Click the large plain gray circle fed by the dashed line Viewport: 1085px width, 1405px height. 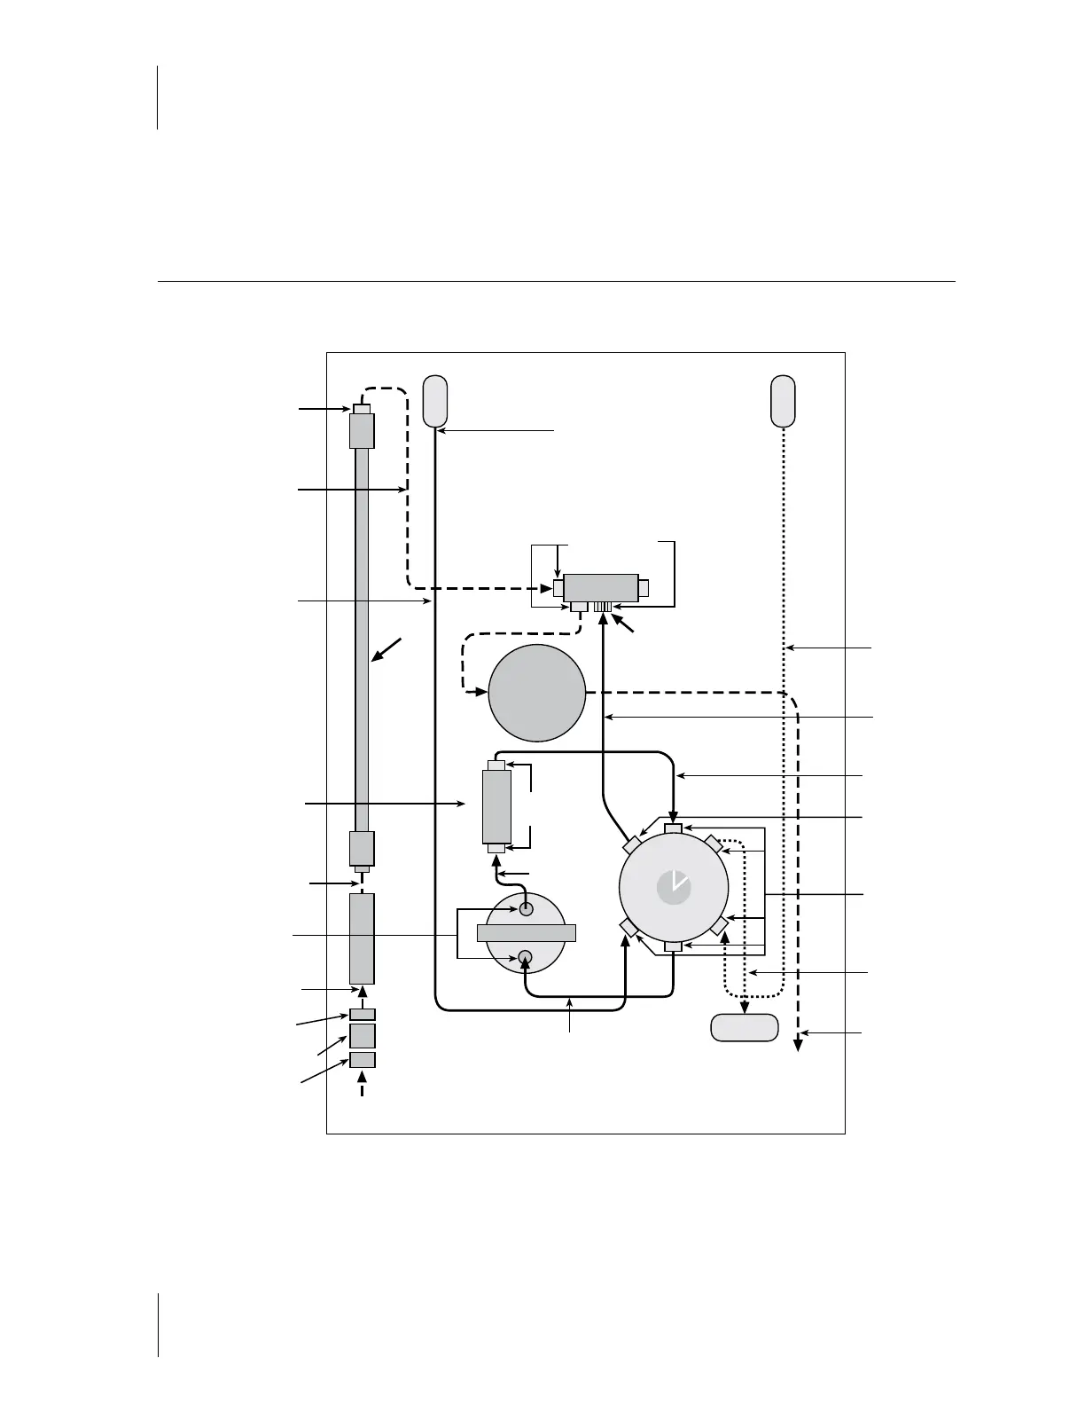coord(537,693)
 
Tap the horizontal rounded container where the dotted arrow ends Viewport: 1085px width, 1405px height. coord(745,1027)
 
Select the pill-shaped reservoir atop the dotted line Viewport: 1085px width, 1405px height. coord(783,401)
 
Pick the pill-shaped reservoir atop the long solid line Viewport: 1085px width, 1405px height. coord(434,401)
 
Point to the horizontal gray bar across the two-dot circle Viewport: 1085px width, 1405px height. coord(527,932)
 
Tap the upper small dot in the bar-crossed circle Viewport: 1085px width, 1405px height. coord(526,909)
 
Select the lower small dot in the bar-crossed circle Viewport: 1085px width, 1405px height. coord(525,956)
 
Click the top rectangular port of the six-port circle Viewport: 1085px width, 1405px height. coord(674,828)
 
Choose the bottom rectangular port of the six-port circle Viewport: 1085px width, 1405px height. coord(674,947)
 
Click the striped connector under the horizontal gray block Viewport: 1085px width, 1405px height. coord(603,607)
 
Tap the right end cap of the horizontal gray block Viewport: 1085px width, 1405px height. coord(644,588)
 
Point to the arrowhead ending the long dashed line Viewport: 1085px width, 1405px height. coord(798,1045)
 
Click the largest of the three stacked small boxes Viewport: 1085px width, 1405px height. coord(363,1035)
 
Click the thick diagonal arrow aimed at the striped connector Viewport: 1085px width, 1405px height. coord(625,621)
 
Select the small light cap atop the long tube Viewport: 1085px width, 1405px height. coord(362,408)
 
